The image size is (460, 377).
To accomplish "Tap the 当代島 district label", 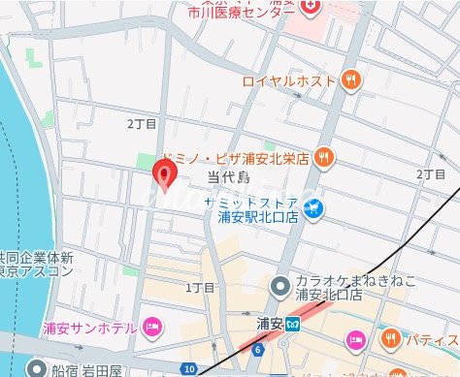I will pyautogui.click(x=229, y=177).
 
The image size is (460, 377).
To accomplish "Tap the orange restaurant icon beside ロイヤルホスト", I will pyautogui.click(x=350, y=81).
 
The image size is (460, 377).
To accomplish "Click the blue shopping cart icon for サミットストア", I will pyautogui.click(x=312, y=207).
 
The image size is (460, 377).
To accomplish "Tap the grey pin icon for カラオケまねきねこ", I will pyautogui.click(x=279, y=286).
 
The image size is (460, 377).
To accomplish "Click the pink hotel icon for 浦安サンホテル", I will pyautogui.click(x=150, y=327).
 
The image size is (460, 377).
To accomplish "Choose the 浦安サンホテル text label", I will pyautogui.click(x=89, y=328).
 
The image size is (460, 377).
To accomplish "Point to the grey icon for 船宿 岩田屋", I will pyautogui.click(x=36, y=368).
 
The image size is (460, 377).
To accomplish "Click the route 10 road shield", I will pyautogui.click(x=188, y=369).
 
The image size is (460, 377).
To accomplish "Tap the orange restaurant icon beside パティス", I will pyautogui.click(x=389, y=339).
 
